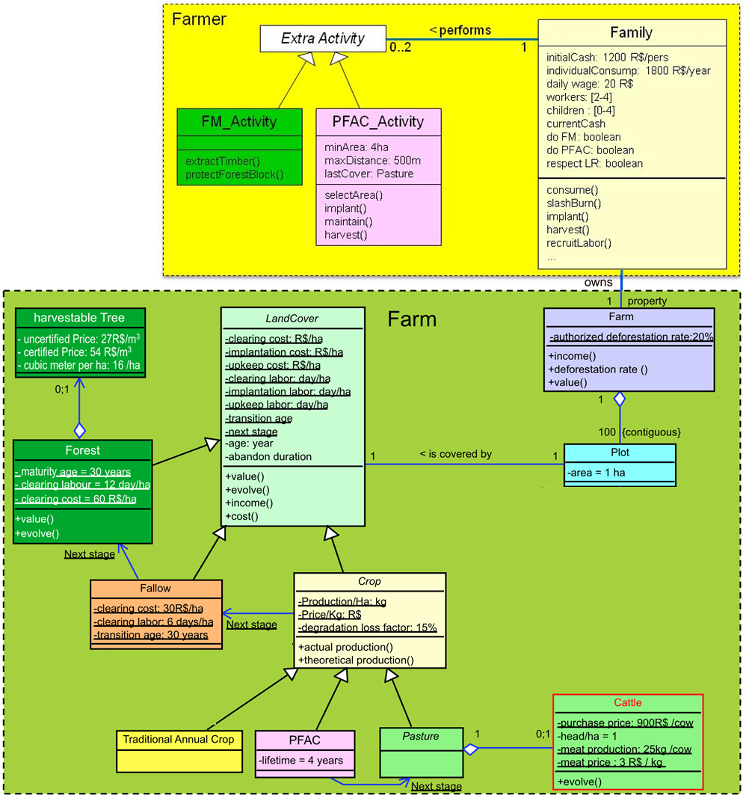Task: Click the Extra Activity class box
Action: click(x=323, y=38)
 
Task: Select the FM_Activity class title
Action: click(x=240, y=121)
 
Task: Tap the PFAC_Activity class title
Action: click(x=377, y=121)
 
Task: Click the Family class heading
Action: click(x=631, y=33)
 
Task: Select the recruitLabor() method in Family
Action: click(x=579, y=243)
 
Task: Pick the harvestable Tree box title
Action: click(x=79, y=317)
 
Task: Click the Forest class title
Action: click(x=82, y=450)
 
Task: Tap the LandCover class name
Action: click(x=292, y=318)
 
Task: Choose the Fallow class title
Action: click(x=155, y=589)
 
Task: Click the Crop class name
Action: click(x=369, y=581)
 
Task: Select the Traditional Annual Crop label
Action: click(x=179, y=740)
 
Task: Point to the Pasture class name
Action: click(x=420, y=737)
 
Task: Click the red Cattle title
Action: click(x=628, y=703)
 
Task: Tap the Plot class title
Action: click(x=619, y=453)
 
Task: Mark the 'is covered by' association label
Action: click(x=455, y=454)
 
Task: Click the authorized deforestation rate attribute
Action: click(x=632, y=337)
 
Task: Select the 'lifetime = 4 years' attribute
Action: click(x=301, y=761)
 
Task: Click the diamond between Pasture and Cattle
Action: click(x=470, y=748)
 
